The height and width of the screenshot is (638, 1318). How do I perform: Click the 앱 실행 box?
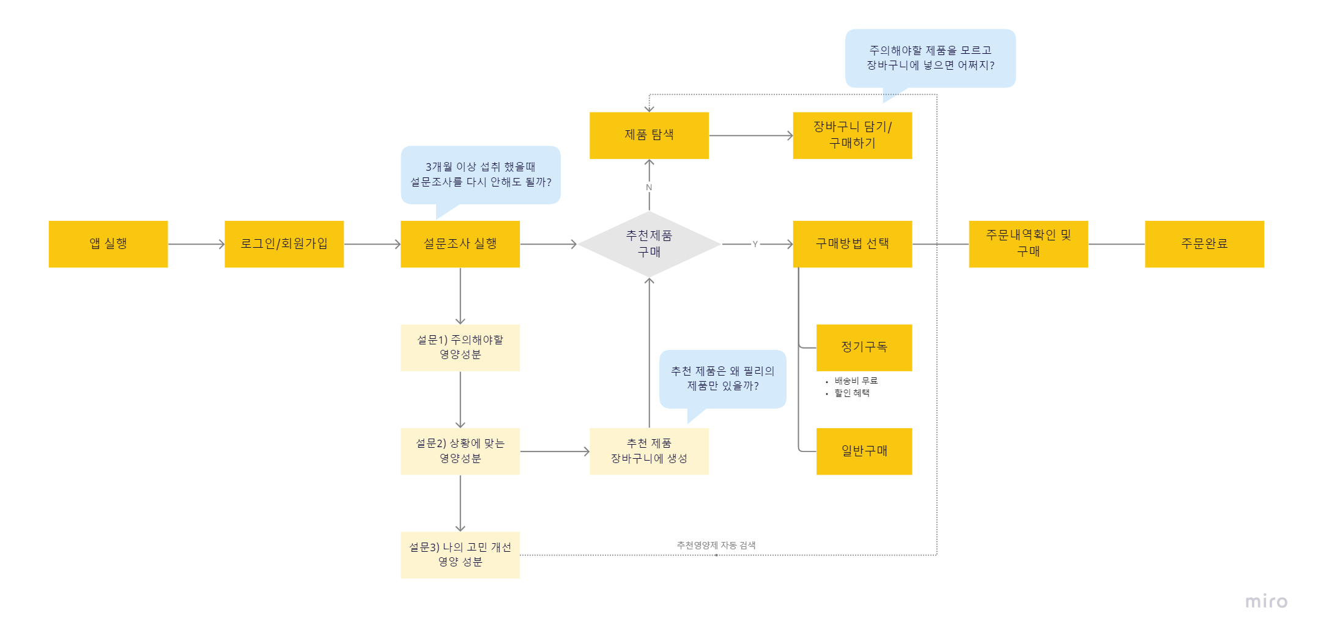pyautogui.click(x=108, y=243)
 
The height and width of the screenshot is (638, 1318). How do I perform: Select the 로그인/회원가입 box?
pyautogui.click(x=284, y=243)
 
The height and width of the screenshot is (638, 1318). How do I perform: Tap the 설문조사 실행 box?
pyautogui.click(x=460, y=243)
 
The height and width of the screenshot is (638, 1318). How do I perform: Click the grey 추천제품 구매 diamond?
pyautogui.click(x=649, y=243)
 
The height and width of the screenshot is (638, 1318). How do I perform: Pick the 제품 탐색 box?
pyautogui.click(x=649, y=135)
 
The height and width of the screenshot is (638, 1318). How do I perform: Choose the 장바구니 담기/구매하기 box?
pyautogui.click(x=852, y=135)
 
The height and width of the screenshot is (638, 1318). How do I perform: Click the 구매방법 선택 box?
pyautogui.click(x=852, y=243)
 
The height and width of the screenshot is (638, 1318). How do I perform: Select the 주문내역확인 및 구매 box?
pyautogui.click(x=1028, y=243)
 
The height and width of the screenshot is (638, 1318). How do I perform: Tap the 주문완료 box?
pyautogui.click(x=1204, y=243)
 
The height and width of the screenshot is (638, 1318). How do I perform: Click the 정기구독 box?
pyautogui.click(x=864, y=347)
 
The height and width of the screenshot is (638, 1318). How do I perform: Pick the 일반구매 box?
pyautogui.click(x=864, y=451)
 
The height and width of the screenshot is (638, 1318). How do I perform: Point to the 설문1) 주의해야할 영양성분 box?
pyautogui.click(x=460, y=347)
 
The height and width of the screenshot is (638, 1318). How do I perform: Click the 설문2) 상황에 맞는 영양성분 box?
pyautogui.click(x=460, y=451)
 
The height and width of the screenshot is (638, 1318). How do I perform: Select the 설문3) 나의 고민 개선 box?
pyautogui.click(x=460, y=555)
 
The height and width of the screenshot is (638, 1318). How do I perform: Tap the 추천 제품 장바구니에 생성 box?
pyautogui.click(x=649, y=451)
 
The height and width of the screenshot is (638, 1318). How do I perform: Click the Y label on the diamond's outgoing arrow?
pyautogui.click(x=755, y=244)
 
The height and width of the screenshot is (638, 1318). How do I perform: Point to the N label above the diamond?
pyautogui.click(x=649, y=187)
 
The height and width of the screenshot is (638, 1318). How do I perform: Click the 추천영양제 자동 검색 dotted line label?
pyautogui.click(x=716, y=545)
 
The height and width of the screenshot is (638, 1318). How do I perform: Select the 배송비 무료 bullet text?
pyautogui.click(x=856, y=380)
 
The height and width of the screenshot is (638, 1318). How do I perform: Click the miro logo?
pyautogui.click(x=1266, y=601)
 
